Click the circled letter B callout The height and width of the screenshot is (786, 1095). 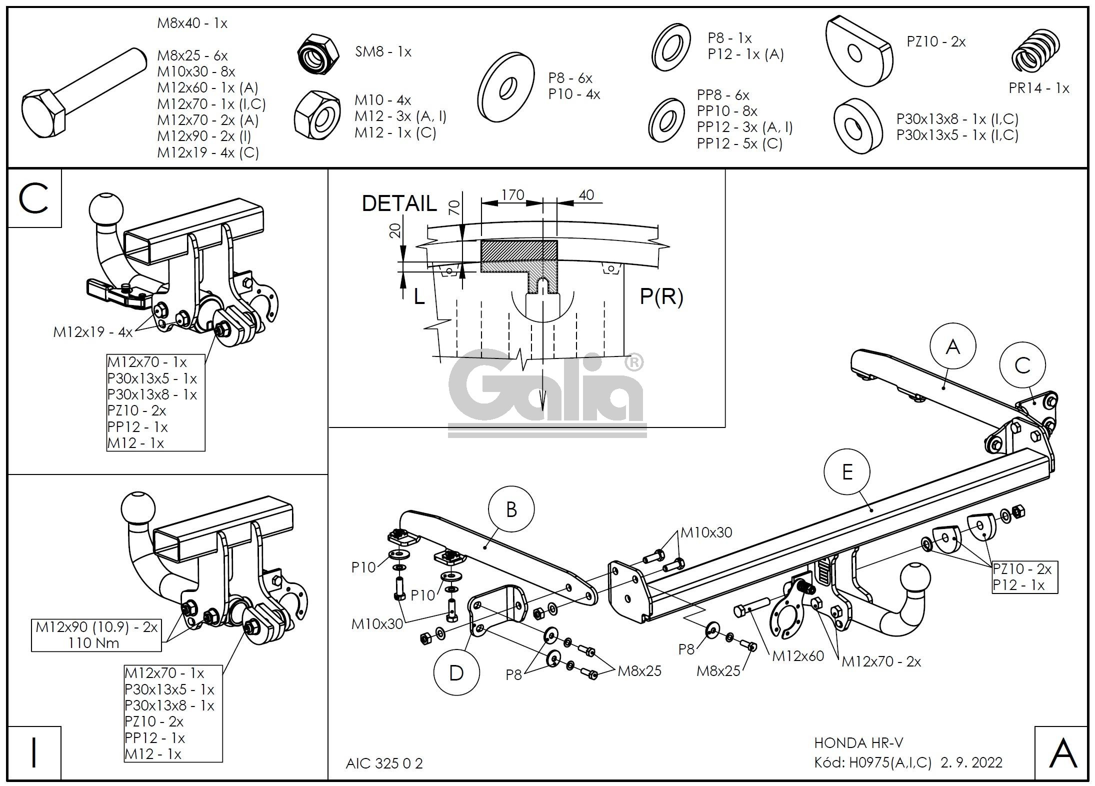coord(511,509)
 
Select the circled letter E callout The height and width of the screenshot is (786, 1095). coord(847,471)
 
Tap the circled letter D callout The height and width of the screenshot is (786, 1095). coord(456,672)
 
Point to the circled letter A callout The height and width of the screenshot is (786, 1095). coord(953,346)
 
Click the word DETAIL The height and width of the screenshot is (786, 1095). coord(399,203)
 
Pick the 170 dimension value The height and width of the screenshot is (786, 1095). coord(512,194)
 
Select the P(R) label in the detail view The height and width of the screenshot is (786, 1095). coord(661,296)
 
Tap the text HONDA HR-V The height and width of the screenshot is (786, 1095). coord(858,743)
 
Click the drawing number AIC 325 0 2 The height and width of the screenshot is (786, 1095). coord(384,763)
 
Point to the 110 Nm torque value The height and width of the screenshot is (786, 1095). coord(94,642)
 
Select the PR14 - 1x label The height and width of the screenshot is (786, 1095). coord(1038,88)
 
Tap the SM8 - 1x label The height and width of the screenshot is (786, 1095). coord(383,51)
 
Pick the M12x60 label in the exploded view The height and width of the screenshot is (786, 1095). coord(797,655)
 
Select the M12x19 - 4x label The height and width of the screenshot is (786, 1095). coord(93,332)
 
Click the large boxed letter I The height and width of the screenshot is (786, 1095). coord(34,752)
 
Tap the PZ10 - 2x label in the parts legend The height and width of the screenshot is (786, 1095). coord(936,41)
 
